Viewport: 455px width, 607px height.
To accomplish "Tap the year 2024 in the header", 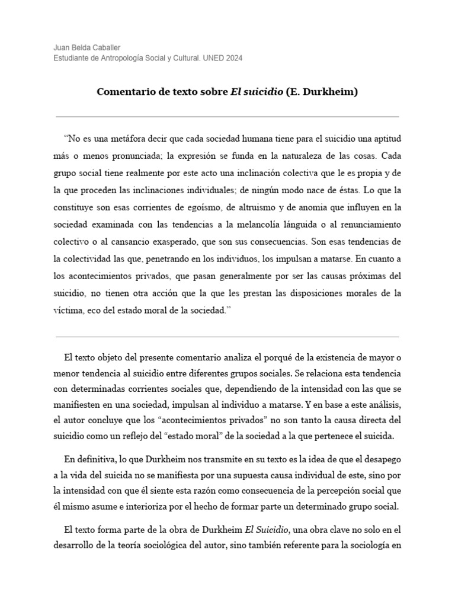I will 233,58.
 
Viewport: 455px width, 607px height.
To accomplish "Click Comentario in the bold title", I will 124,93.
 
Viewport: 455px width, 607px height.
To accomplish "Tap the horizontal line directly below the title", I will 227,117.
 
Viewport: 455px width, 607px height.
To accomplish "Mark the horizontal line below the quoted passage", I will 227,337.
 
